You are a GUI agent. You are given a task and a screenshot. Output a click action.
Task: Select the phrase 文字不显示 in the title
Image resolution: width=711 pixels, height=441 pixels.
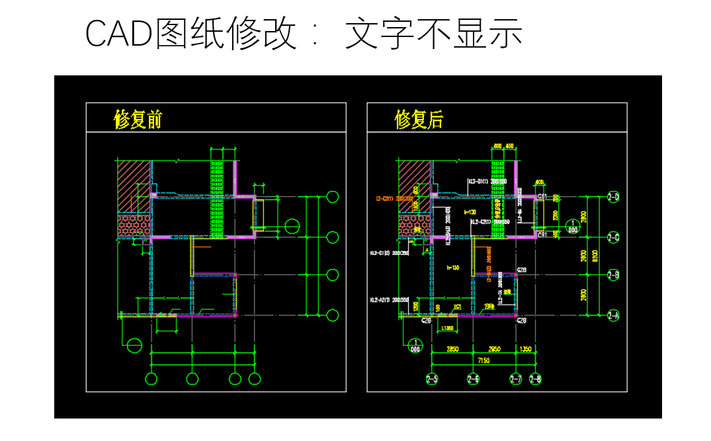click(434, 33)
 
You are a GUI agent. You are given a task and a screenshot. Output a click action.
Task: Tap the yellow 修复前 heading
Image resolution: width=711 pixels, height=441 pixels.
click(138, 120)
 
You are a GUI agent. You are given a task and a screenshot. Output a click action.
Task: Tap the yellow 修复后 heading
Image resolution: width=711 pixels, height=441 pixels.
click(419, 120)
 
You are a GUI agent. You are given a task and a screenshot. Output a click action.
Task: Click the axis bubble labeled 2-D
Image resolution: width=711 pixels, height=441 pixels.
click(613, 196)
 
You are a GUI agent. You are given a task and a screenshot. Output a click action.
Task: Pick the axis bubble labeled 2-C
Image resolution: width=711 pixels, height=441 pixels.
click(613, 237)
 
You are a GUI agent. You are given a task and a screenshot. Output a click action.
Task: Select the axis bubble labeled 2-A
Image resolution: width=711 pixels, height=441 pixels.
click(613, 315)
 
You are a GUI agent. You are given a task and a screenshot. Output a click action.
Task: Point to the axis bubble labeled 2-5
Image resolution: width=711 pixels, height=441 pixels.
click(431, 379)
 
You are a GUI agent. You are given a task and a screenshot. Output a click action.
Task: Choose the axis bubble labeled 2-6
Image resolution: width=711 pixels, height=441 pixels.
click(473, 379)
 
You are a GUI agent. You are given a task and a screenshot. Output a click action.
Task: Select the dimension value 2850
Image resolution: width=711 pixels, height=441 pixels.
click(452, 348)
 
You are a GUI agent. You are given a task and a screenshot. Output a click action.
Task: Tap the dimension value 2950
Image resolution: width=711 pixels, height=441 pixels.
click(494, 348)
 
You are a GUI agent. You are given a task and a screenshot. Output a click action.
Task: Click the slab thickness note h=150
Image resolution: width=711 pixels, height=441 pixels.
click(452, 267)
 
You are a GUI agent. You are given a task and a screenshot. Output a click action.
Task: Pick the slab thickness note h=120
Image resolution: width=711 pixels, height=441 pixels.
click(470, 212)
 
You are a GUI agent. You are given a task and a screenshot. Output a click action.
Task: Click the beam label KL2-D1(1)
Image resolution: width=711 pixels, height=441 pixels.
click(478, 181)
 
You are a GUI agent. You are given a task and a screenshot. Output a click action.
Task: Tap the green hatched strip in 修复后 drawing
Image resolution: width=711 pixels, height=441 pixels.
click(497, 198)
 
